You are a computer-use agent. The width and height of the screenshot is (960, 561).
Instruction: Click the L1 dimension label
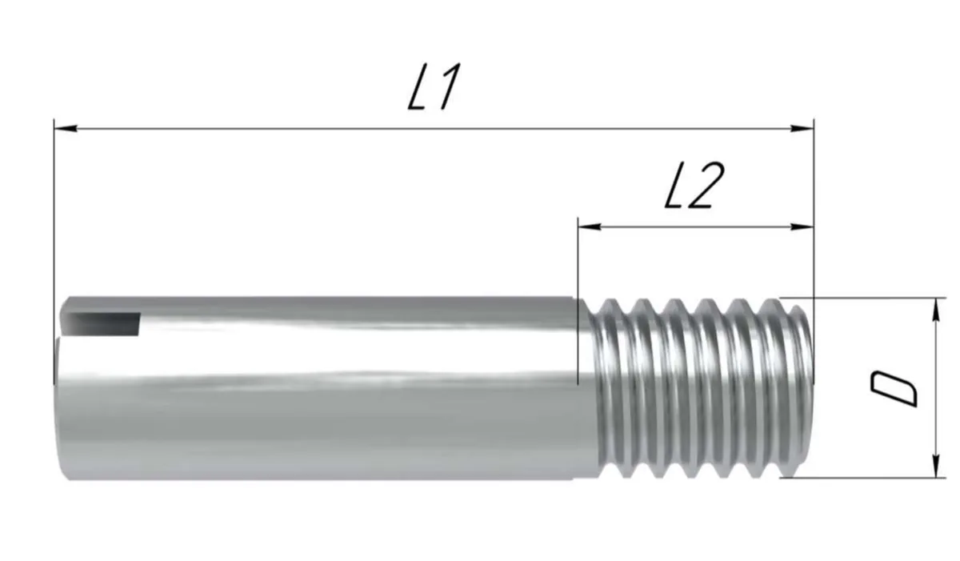click(434, 86)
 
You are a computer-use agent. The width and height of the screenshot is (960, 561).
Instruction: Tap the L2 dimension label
click(694, 186)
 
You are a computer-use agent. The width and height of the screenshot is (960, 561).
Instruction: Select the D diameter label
click(894, 389)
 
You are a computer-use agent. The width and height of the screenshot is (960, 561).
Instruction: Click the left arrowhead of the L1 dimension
click(66, 128)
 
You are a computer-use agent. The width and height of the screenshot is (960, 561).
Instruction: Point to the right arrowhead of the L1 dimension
click(802, 128)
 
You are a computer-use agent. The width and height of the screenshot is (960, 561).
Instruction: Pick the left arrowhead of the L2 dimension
click(590, 226)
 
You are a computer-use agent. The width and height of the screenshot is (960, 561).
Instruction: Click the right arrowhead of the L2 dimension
click(802, 226)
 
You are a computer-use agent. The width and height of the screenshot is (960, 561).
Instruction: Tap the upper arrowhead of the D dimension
click(937, 309)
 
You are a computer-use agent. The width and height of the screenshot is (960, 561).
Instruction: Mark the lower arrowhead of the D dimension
click(937, 466)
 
